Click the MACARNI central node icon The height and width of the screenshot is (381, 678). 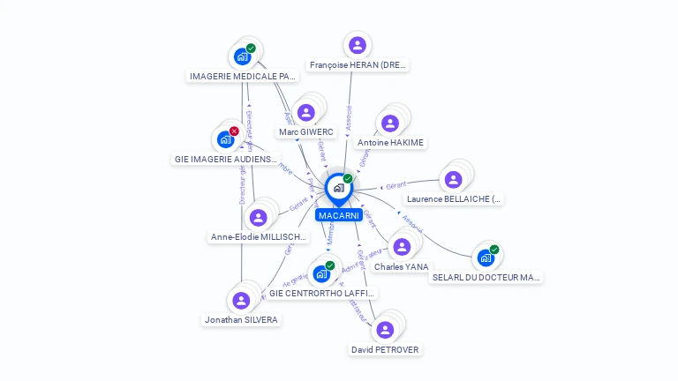click(x=338, y=188)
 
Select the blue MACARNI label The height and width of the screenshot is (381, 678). click(x=339, y=215)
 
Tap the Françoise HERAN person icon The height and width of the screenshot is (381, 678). click(x=357, y=45)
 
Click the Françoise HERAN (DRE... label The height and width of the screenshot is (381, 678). click(x=358, y=65)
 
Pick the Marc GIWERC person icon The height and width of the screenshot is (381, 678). click(x=305, y=112)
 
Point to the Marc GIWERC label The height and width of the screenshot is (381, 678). click(x=306, y=132)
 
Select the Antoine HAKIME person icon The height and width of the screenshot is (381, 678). click(x=389, y=123)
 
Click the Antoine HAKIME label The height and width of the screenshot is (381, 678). click(x=390, y=143)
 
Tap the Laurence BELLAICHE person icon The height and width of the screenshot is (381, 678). click(x=453, y=179)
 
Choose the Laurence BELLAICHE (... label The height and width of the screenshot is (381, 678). click(x=454, y=199)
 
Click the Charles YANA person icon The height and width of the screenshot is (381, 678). click(x=402, y=246)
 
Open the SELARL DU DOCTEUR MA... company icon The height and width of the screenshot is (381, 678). click(x=485, y=258)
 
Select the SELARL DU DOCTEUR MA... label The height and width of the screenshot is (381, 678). click(x=486, y=278)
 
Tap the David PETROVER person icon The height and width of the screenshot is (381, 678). click(x=384, y=330)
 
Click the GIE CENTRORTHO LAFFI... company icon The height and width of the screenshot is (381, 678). click(x=320, y=273)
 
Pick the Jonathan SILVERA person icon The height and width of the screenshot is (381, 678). click(x=241, y=300)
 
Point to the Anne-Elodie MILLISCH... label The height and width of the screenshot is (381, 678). click(x=259, y=237)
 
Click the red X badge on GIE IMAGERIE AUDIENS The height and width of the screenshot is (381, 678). click(x=234, y=131)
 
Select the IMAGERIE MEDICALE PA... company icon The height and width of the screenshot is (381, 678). click(x=242, y=56)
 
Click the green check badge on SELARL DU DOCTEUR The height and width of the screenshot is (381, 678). click(x=494, y=250)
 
